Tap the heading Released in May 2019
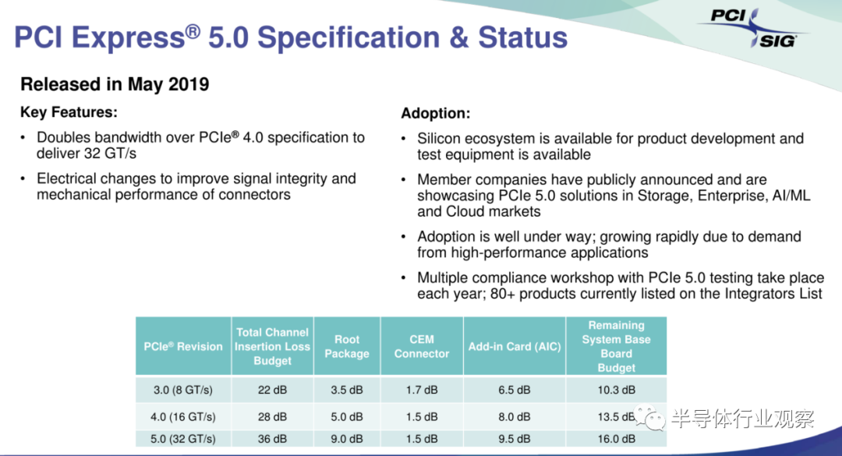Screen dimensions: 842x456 coord(115,84)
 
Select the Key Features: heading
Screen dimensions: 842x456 coord(69,112)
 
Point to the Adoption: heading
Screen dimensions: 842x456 coord(436,113)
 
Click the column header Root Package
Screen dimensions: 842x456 coord(347,346)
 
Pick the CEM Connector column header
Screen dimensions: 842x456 coord(422,346)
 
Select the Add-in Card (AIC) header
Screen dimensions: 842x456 coord(515,346)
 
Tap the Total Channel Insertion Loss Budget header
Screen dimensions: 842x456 coord(272,346)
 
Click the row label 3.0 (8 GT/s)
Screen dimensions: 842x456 coord(183,390)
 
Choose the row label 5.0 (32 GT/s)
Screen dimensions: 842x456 coord(183,439)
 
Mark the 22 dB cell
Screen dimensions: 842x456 coord(272,390)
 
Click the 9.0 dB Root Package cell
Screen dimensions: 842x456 coord(347,439)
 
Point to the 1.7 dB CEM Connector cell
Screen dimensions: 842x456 coord(422,390)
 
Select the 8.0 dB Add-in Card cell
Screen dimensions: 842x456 coord(515,417)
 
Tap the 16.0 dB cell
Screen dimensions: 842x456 coord(617,439)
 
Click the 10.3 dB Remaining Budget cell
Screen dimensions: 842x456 coord(617,390)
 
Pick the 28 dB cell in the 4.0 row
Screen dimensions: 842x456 coord(272,417)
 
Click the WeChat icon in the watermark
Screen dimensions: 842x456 coord(649,417)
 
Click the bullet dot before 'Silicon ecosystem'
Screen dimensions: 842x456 coord(404,139)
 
